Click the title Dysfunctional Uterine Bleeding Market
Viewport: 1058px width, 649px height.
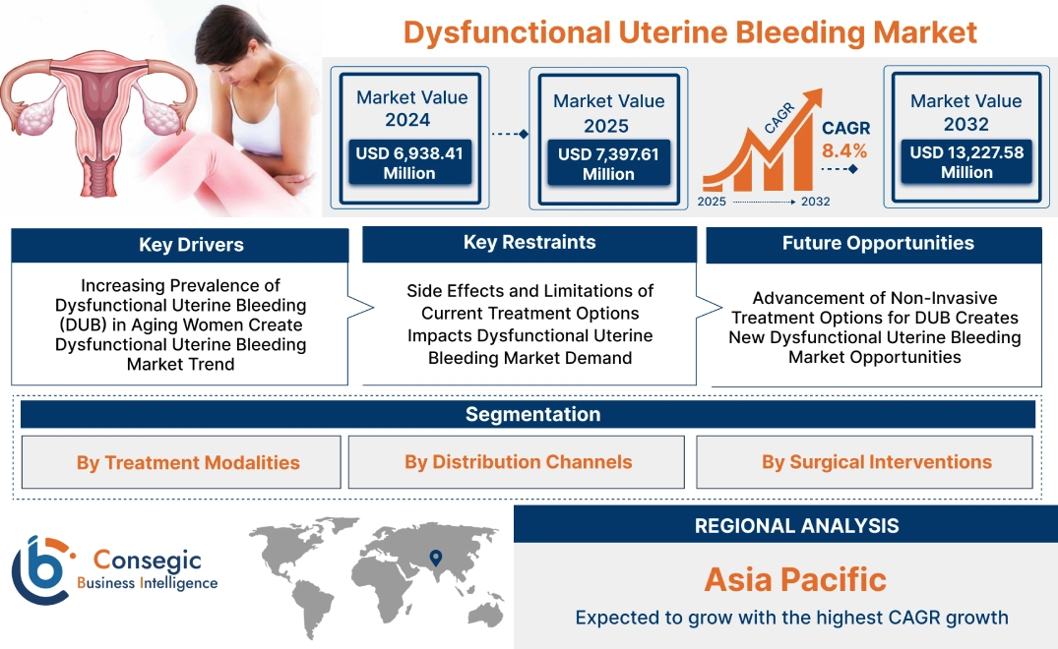690,31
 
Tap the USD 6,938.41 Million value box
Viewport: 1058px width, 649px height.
408,163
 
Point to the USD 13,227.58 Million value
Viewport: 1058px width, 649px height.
966,162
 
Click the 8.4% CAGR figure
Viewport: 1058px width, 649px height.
844,150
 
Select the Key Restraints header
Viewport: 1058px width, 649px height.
529,243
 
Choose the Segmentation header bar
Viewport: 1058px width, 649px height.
532,414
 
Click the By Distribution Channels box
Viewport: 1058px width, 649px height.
518,462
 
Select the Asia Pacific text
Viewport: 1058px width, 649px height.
795,579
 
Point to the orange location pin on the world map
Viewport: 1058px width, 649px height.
434,558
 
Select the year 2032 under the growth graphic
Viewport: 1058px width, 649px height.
815,202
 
